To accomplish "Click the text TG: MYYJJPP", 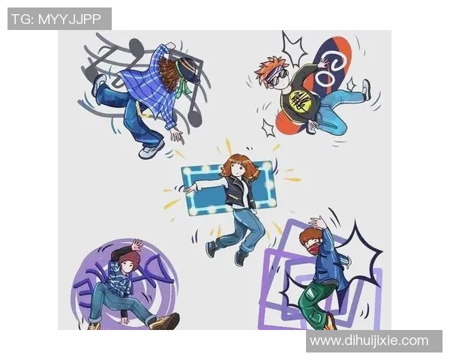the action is (x=55, y=19).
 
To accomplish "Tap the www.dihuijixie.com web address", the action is (x=369, y=340).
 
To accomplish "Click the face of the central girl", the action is (x=238, y=170).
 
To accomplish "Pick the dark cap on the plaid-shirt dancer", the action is (x=189, y=69).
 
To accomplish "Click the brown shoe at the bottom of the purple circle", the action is (x=166, y=322).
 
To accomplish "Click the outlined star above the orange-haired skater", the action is (x=293, y=48).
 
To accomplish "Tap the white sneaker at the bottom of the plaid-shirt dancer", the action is (x=151, y=149).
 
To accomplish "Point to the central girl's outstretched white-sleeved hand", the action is (x=191, y=188).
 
